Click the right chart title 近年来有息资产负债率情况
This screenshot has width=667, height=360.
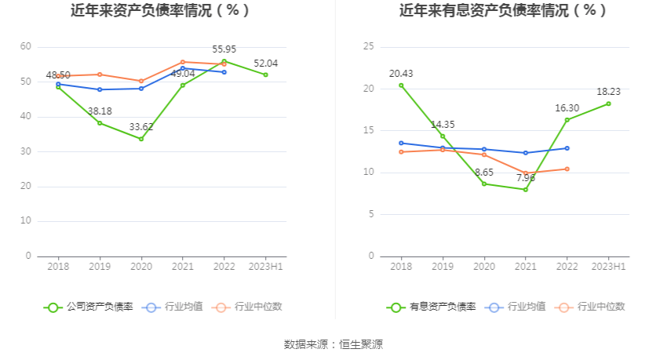(503, 11)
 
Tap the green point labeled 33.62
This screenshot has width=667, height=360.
(141, 139)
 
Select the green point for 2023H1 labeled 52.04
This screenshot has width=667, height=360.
(265, 75)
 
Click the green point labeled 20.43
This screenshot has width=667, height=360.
(401, 85)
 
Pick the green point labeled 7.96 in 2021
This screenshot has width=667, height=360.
(526, 189)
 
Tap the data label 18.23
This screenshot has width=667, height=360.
(608, 91)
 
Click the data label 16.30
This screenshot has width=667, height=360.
(567, 108)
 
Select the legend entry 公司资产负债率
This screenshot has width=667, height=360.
(88, 307)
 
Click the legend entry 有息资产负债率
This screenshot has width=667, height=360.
(432, 307)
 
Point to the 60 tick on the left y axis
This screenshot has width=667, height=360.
(26, 47)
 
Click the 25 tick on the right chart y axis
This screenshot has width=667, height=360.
(369, 47)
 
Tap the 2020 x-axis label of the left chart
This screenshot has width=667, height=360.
(141, 267)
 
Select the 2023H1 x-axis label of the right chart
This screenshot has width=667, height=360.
(608, 267)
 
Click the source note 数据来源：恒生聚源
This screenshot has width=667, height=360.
(333, 344)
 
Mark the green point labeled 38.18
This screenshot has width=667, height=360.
(100, 123)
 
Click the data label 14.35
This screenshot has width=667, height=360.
(443, 125)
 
